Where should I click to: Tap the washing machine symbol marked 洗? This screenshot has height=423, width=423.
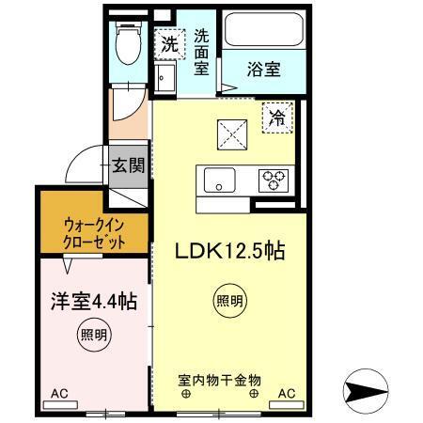tap(169, 43)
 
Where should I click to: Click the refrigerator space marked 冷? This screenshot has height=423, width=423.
tap(277, 117)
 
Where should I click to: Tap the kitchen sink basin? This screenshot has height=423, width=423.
tap(219, 179)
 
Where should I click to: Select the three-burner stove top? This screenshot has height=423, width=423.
tap(274, 179)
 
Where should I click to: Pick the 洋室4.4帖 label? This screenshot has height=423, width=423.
tap(94, 302)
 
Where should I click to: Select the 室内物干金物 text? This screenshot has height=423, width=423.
tap(219, 380)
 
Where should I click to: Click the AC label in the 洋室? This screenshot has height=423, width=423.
tap(59, 393)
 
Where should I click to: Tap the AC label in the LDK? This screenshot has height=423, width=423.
tap(286, 393)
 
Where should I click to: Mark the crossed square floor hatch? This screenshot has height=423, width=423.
tap(230, 133)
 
